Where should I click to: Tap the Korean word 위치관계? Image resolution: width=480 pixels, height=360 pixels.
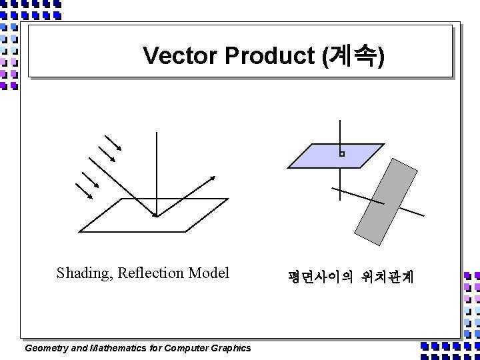pos(387,276)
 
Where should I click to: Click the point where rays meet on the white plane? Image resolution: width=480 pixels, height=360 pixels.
pos(156,215)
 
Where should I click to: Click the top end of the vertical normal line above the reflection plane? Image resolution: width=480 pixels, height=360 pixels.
pos(156,133)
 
